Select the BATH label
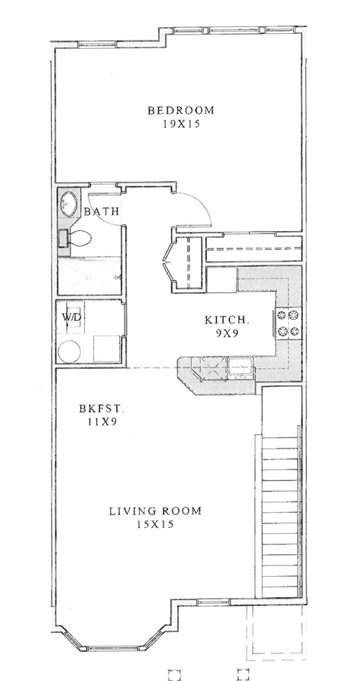coord(101,212)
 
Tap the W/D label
coord(73,317)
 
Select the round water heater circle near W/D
coord(71,351)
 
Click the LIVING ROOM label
coord(155,512)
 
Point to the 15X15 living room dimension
coord(155,526)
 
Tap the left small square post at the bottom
coord(174,672)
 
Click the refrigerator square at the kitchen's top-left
coord(222,280)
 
